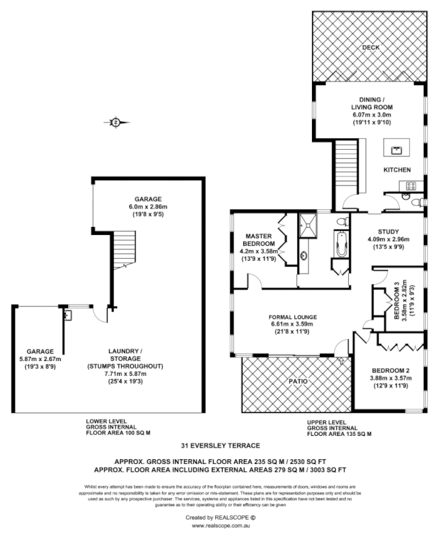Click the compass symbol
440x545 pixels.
coord(116,122)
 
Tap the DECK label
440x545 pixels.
coord(371,48)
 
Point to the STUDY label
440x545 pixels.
coord(388,231)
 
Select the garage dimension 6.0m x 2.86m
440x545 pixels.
coord(148,206)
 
